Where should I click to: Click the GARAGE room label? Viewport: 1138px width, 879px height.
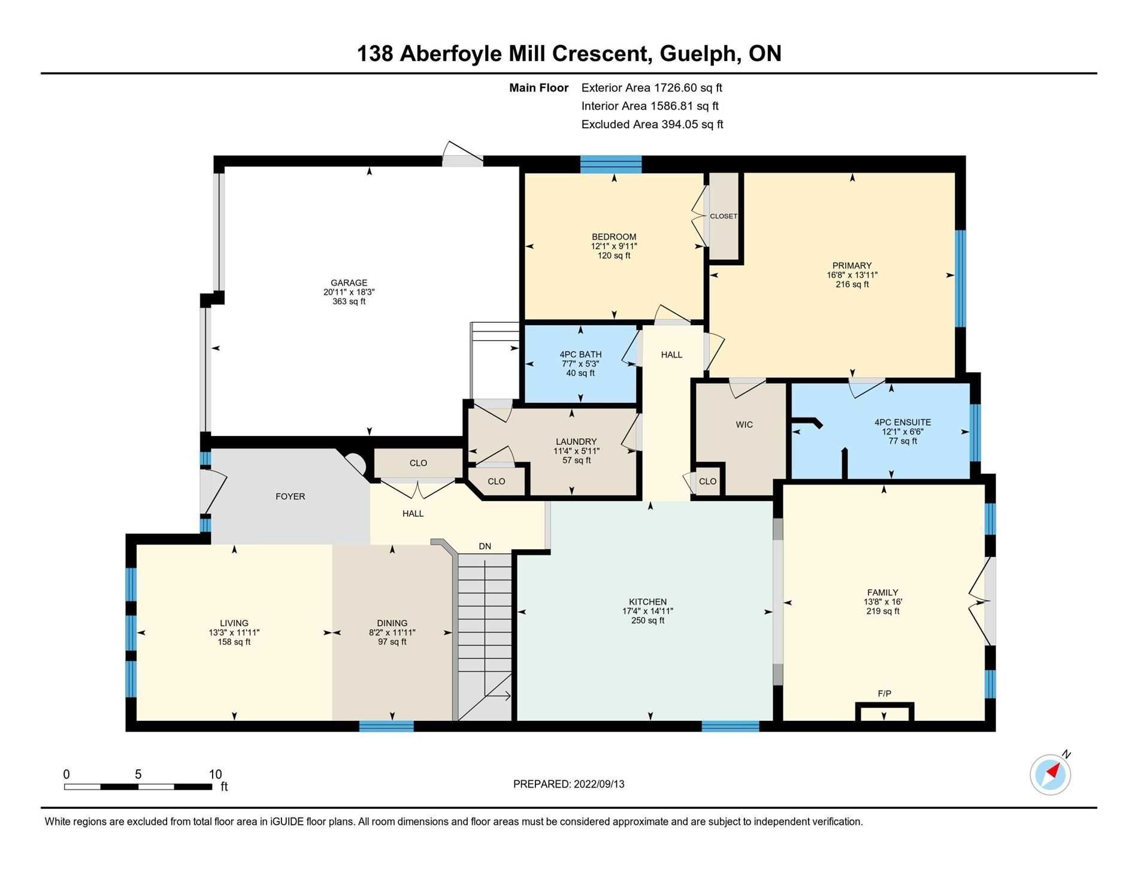click(x=349, y=283)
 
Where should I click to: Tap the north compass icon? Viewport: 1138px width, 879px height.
click(x=1051, y=774)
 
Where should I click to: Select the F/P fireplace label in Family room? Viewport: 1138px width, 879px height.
click(x=885, y=693)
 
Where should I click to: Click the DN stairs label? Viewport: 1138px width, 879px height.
click(x=485, y=546)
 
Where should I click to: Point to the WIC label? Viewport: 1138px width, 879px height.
click(x=744, y=425)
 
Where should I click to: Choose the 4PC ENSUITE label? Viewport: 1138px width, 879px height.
click(x=903, y=422)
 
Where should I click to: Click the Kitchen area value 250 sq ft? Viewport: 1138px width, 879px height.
click(x=648, y=620)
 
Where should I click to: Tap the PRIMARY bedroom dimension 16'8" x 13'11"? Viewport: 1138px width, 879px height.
click(x=852, y=275)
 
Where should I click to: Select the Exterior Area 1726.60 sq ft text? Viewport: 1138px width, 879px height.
click(x=652, y=87)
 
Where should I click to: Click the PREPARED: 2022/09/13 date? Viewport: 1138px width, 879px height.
click(x=569, y=784)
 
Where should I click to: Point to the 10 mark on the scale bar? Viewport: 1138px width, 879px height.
click(x=215, y=774)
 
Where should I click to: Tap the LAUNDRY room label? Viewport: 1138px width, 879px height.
click(x=576, y=442)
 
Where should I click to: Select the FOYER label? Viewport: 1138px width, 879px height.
click(x=290, y=496)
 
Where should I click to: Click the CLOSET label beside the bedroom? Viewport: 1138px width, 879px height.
click(x=724, y=216)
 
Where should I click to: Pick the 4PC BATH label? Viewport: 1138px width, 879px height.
click(x=580, y=354)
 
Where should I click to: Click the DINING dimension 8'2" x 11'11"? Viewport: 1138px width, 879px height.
click(x=392, y=632)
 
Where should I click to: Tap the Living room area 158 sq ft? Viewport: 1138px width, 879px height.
click(x=234, y=642)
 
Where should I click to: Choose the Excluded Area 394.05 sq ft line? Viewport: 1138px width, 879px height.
click(x=652, y=125)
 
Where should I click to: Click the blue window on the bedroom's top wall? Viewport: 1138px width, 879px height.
click(x=611, y=164)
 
